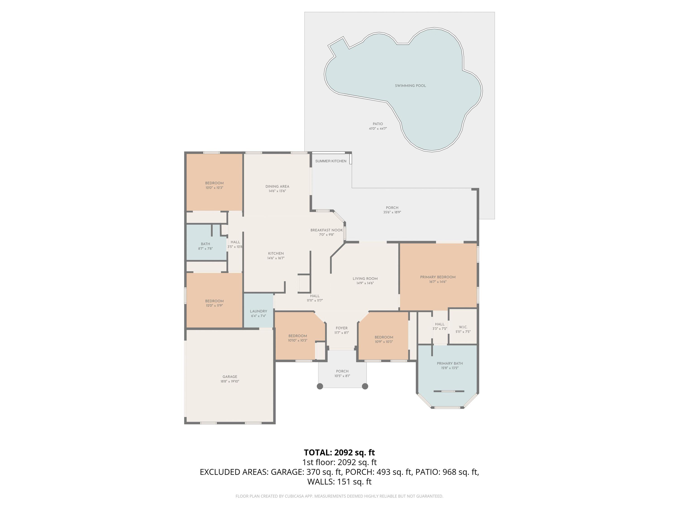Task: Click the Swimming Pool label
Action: (x=410, y=86)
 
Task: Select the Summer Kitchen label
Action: (x=331, y=161)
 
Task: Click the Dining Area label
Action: (x=277, y=186)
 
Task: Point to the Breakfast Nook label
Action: (x=326, y=230)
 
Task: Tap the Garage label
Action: (x=230, y=376)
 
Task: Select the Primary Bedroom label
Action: (x=438, y=277)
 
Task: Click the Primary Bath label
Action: (x=450, y=363)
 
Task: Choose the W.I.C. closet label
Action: (x=463, y=327)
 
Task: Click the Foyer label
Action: (x=341, y=328)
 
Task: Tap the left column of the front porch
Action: (x=320, y=386)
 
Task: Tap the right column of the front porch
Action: (x=365, y=386)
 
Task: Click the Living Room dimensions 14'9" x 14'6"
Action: (x=365, y=283)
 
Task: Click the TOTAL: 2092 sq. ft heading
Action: (x=339, y=452)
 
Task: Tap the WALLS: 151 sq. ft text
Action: (x=339, y=481)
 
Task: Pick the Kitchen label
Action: (x=276, y=253)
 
